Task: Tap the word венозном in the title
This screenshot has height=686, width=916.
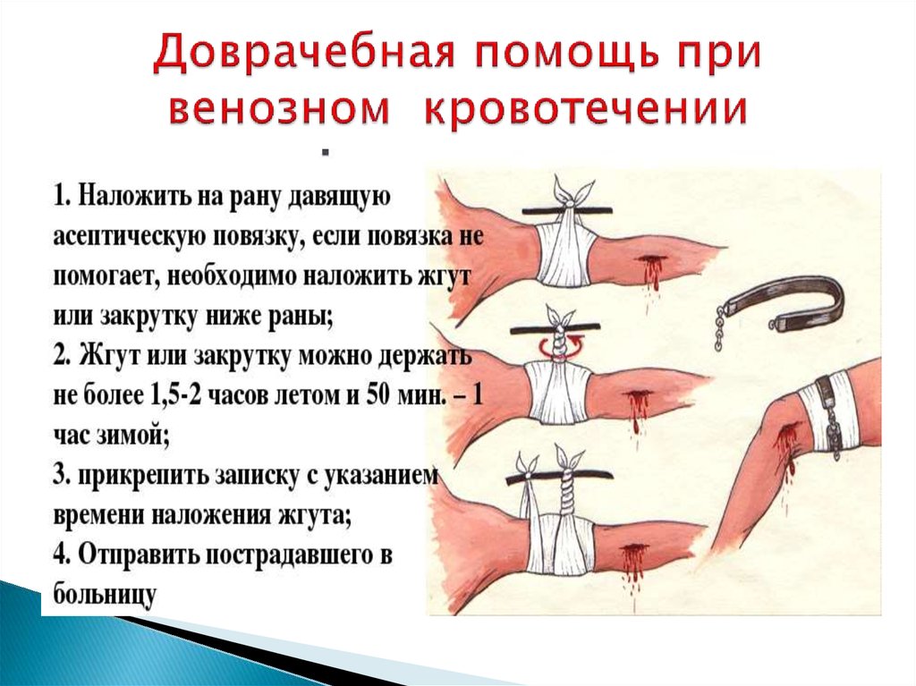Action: (281, 109)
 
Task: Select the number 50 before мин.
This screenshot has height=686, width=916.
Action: (378, 395)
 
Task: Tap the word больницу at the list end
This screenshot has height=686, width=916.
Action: (106, 594)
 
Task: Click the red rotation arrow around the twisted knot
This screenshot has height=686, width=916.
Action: (559, 347)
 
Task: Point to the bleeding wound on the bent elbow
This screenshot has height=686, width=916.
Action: (786, 453)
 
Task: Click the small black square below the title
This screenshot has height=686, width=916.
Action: (326, 153)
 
